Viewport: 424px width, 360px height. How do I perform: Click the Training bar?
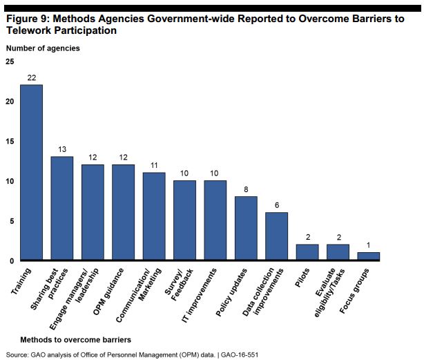[31, 173]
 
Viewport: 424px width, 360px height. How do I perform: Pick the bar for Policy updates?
[246, 229]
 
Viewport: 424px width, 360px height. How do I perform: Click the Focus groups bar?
[368, 256]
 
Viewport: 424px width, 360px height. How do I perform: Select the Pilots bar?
[307, 252]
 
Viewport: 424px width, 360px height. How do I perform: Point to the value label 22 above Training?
[31, 77]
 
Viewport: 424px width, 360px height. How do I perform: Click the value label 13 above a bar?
[62, 149]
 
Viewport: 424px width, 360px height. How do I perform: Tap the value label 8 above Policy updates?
[246, 189]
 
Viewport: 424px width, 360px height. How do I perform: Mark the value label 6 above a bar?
[276, 205]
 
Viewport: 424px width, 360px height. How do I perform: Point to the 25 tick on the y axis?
[10, 62]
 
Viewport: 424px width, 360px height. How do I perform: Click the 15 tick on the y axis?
[10, 142]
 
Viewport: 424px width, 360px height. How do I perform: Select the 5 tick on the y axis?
[11, 221]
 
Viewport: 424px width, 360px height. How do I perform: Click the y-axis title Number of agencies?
[43, 48]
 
